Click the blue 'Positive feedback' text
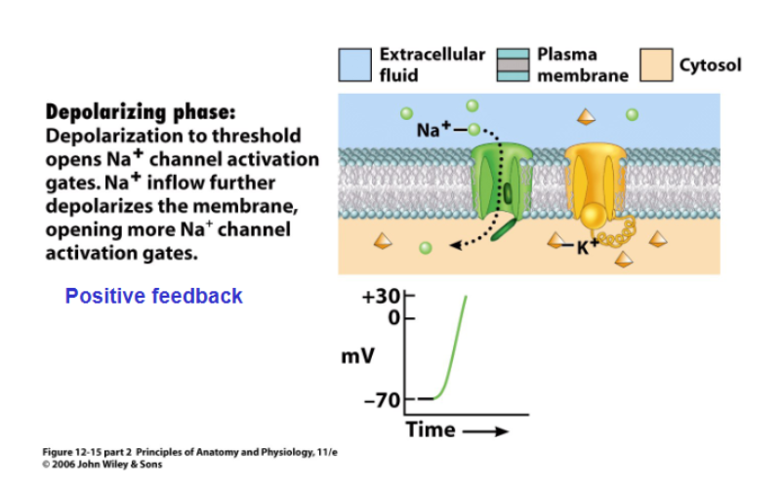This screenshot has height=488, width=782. (x=153, y=296)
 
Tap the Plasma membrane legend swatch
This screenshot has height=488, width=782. (x=513, y=64)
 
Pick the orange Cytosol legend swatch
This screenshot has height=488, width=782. (x=656, y=65)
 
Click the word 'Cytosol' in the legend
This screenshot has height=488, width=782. (x=710, y=65)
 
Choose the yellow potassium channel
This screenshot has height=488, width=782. (x=593, y=181)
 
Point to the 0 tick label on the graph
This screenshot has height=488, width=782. (x=394, y=318)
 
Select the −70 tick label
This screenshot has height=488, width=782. (x=382, y=398)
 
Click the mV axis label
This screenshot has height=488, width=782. (x=357, y=356)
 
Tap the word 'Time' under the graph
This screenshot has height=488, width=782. (x=431, y=429)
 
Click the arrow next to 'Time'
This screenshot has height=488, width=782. (x=485, y=430)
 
